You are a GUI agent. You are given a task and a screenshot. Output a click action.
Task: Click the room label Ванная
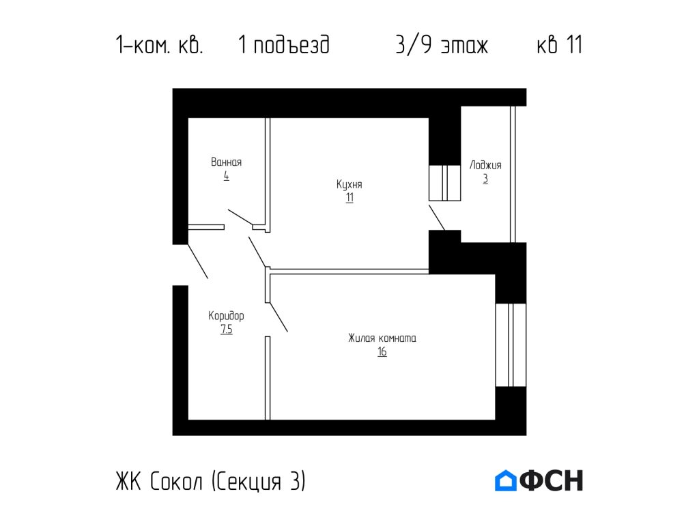(x=226, y=162)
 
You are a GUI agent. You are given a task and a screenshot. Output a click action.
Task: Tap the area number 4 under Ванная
(x=226, y=176)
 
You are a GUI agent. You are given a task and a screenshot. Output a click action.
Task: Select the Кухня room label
(x=349, y=184)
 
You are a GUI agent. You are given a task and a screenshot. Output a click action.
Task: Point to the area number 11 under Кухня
(x=349, y=198)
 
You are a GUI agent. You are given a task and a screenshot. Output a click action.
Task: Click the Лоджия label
(x=485, y=165)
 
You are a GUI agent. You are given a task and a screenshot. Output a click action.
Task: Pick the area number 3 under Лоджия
(x=485, y=179)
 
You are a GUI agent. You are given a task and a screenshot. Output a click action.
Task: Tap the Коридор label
(x=226, y=316)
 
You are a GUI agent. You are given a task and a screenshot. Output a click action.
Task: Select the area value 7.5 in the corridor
(x=226, y=330)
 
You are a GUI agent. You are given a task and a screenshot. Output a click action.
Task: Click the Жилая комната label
(x=382, y=338)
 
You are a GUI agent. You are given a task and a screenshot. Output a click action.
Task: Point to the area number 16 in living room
(x=382, y=352)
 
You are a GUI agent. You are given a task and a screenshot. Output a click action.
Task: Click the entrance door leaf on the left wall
(x=197, y=261)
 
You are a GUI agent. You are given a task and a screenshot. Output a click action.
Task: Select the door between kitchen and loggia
(x=437, y=217)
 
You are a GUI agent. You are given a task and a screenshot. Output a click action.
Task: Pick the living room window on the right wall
(x=511, y=345)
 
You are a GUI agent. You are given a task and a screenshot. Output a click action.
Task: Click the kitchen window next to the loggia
(x=444, y=182)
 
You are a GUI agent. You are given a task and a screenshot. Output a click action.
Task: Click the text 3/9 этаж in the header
(x=441, y=46)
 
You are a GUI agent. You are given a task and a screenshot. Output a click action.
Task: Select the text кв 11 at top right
(x=559, y=46)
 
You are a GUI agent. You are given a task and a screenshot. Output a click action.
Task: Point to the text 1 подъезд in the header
(x=284, y=46)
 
